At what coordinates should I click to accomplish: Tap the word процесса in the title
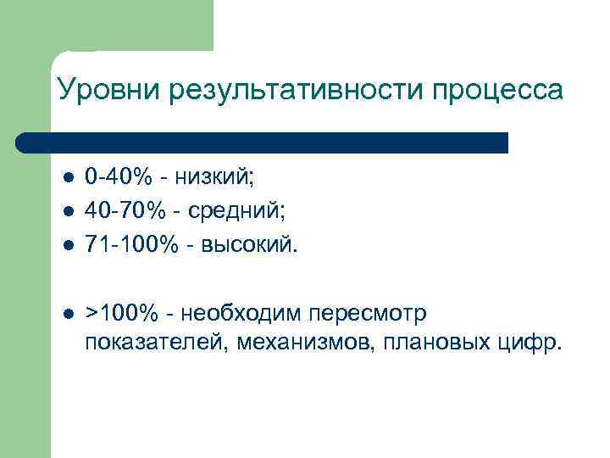click(496, 90)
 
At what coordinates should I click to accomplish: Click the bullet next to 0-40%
click(69, 179)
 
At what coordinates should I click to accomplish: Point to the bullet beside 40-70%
click(69, 210)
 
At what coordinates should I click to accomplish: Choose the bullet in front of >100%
click(69, 313)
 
